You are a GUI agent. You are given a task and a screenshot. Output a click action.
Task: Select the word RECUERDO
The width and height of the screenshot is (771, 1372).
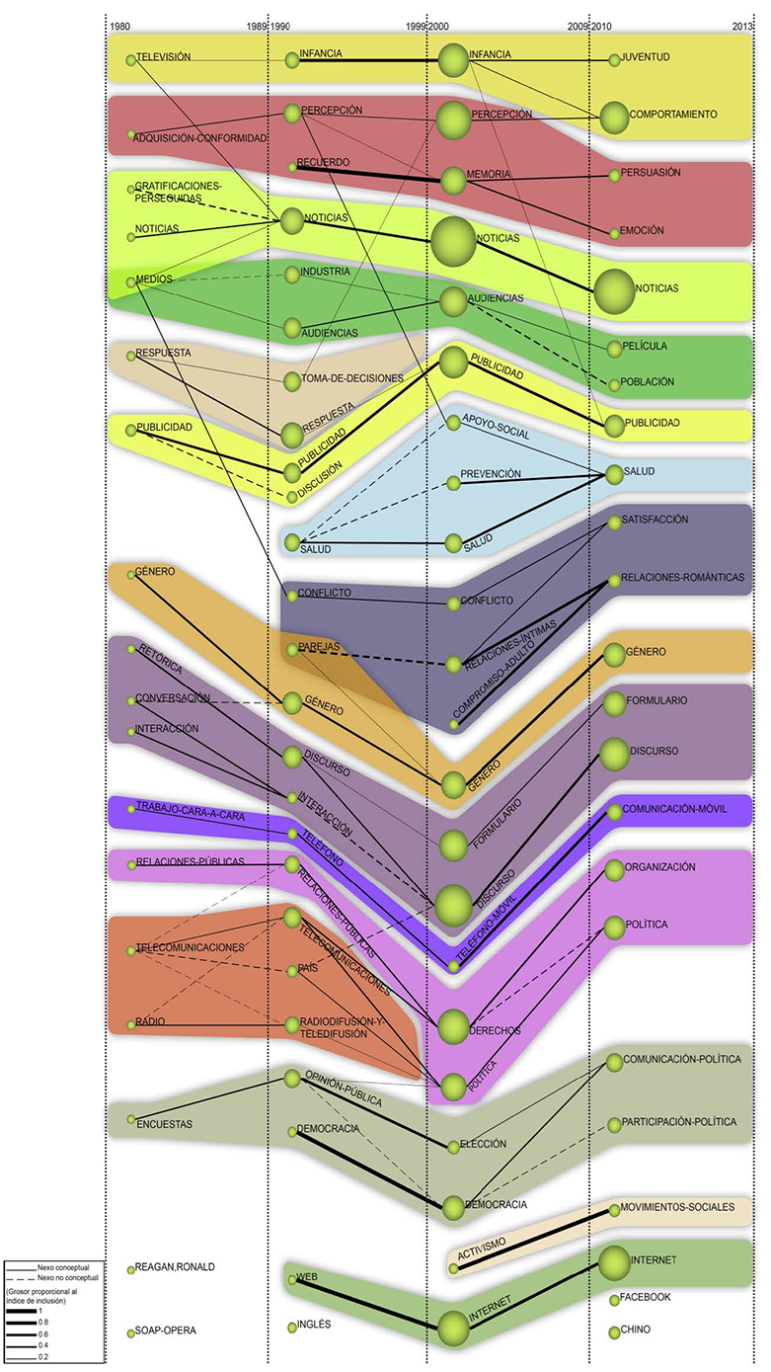click(323, 161)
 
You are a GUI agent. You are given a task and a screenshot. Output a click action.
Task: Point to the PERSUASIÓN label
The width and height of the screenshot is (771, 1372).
click(652, 172)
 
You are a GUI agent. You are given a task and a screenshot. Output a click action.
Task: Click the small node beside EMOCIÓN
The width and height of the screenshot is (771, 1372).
click(614, 233)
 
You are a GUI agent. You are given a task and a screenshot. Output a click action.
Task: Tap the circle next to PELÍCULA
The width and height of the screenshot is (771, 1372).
click(614, 349)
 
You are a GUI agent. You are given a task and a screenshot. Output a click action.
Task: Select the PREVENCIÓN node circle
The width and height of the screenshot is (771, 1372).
click(453, 483)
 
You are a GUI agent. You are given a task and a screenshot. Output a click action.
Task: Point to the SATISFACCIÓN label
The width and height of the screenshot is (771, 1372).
click(655, 520)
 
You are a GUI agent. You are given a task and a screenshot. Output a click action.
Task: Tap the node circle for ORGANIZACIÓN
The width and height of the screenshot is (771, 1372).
click(614, 870)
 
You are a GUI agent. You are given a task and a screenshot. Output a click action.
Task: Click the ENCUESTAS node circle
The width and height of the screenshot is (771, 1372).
click(130, 1119)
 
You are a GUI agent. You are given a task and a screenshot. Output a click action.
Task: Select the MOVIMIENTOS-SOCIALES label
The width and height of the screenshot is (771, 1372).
click(679, 1207)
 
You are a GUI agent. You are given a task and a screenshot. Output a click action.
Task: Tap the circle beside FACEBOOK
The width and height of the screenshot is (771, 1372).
click(614, 1299)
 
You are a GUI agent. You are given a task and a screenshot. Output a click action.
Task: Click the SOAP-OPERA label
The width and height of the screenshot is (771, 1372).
click(167, 1331)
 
